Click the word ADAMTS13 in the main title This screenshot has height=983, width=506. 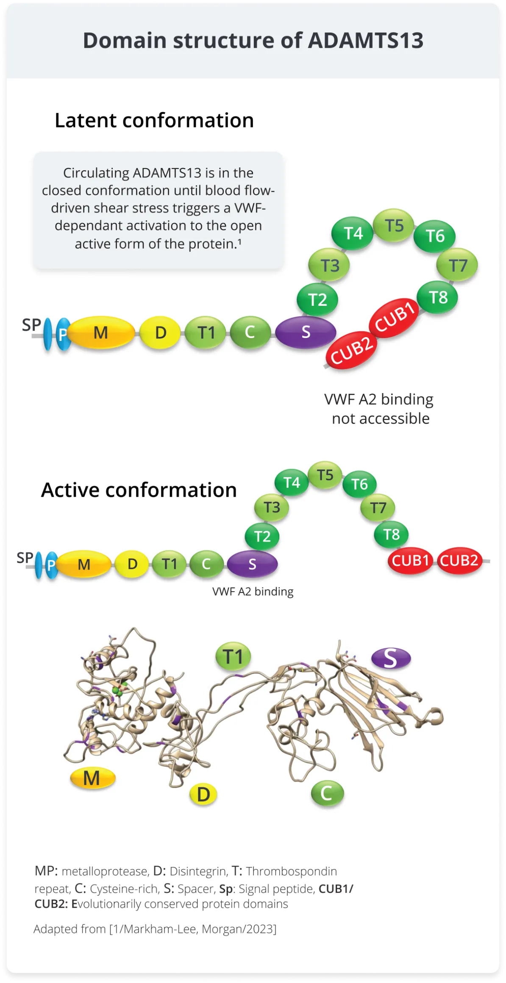(x=365, y=41)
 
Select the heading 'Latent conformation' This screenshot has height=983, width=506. (x=154, y=120)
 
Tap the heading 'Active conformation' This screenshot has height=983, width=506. (x=139, y=490)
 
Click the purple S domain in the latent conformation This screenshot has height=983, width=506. (x=306, y=332)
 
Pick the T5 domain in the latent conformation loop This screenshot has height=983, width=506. (x=394, y=225)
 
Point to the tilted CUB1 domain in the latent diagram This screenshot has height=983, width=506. (x=394, y=318)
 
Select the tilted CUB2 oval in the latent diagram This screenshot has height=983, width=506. (x=351, y=350)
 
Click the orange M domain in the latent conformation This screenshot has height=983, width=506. (x=101, y=332)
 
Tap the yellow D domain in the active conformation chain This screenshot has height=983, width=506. (x=132, y=564)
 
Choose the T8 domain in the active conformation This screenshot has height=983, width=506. (x=391, y=534)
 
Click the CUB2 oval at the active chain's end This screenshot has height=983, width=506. (x=459, y=561)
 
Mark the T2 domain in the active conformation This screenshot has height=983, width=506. (x=262, y=537)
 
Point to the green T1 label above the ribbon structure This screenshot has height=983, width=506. (x=233, y=656)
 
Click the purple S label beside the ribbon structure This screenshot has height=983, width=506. (x=391, y=658)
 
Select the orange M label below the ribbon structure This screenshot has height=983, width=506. (x=92, y=778)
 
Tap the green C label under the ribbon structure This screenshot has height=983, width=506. (x=327, y=793)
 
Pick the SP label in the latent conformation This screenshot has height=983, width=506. (x=31, y=325)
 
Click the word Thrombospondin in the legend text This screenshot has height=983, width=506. (x=292, y=871)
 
